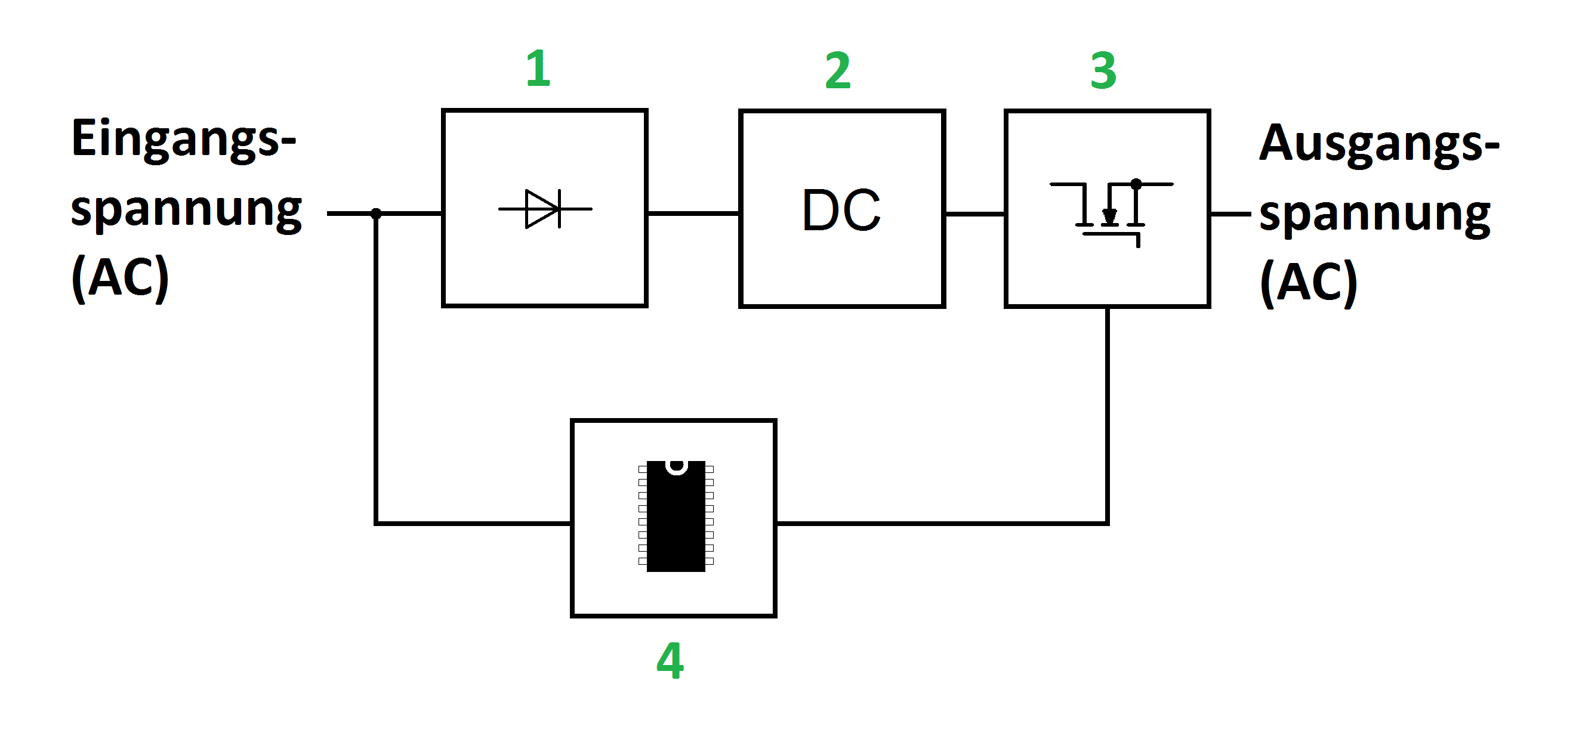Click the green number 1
pyautogui.click(x=538, y=69)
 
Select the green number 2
pyautogui.click(x=838, y=71)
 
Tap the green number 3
pyautogui.click(x=1103, y=71)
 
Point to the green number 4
pyautogui.click(x=670, y=660)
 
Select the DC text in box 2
pyautogui.click(x=841, y=211)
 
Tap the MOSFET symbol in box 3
pyautogui.click(x=1110, y=211)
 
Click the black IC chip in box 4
pyautogui.click(x=676, y=516)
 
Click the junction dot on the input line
pyautogui.click(x=376, y=214)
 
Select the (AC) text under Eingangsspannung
pyautogui.click(x=121, y=278)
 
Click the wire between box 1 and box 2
pyautogui.click(x=693, y=214)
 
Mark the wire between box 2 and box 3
pyautogui.click(x=975, y=214)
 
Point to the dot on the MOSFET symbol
pyautogui.click(x=1136, y=184)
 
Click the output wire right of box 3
pyautogui.click(x=1230, y=214)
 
